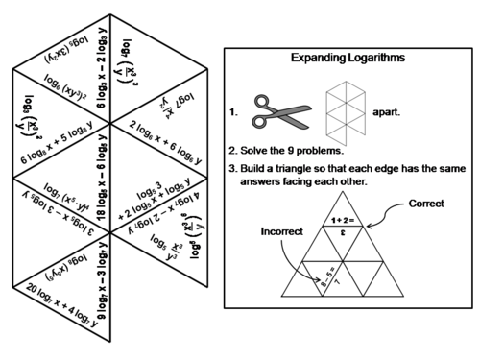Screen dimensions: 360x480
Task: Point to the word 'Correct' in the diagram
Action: coord(426,204)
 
